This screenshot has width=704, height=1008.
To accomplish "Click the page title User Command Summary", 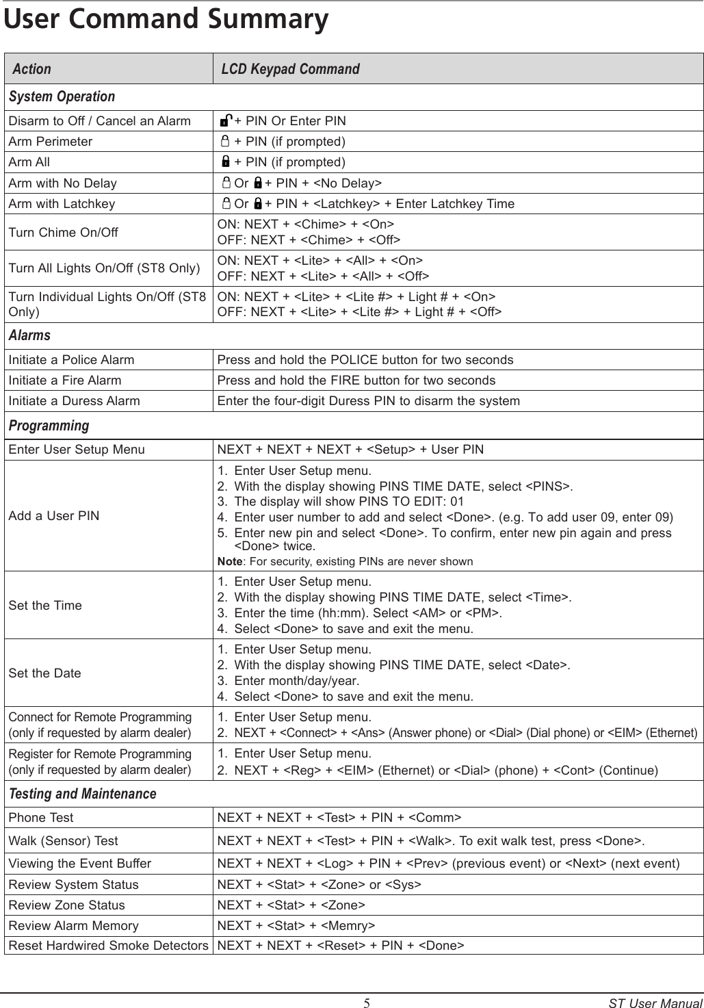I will tap(166, 19).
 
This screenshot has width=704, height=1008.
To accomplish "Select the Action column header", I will tap(31, 69).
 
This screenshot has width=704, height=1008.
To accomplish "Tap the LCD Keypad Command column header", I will tap(290, 69).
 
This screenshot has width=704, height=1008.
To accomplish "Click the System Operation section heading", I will tap(62, 96).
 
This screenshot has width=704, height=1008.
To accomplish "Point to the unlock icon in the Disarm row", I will tap(225, 121).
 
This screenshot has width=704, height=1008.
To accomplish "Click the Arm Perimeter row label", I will tap(50, 142).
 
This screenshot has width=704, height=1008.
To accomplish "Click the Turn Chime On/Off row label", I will tap(63, 232).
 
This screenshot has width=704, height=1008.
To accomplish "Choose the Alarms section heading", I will tap(29, 335).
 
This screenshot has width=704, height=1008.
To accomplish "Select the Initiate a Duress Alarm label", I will tap(74, 401).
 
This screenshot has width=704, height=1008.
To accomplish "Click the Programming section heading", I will tap(49, 426).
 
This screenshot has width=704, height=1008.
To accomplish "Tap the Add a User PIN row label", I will tap(53, 515).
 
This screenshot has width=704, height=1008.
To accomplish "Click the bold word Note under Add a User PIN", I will tap(229, 562).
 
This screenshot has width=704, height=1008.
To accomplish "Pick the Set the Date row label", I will tap(44, 673).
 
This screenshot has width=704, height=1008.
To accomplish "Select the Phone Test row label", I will tap(41, 818).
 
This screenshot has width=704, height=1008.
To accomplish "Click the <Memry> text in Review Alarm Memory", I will tap(348, 926).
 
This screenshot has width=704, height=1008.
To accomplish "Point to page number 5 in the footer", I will tap(367, 1004).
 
